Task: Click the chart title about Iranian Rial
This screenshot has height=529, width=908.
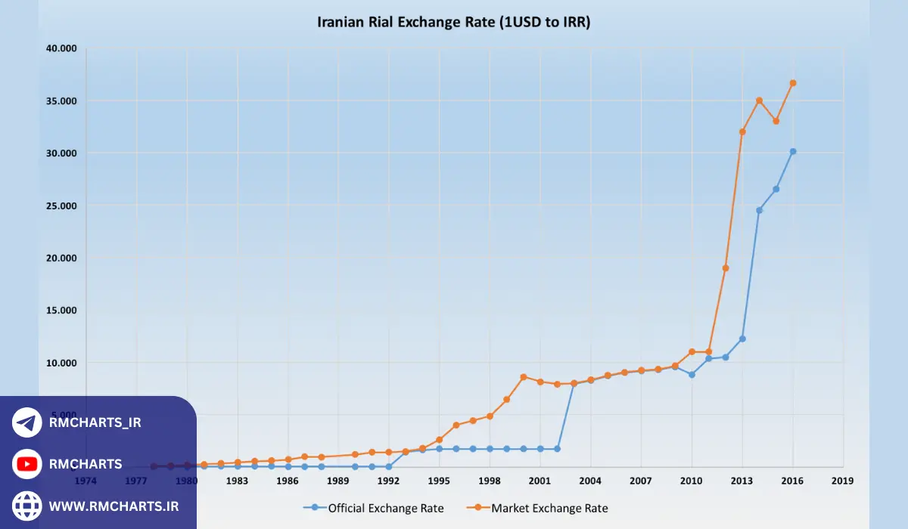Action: (x=453, y=22)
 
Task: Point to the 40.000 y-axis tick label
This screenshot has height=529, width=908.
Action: (x=61, y=48)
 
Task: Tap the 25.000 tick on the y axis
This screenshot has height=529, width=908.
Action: (x=61, y=206)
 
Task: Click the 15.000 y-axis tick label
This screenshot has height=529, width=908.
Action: (x=61, y=311)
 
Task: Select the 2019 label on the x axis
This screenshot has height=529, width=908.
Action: (x=842, y=481)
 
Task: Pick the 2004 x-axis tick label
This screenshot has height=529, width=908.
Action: (x=590, y=481)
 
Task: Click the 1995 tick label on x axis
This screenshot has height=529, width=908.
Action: (x=439, y=481)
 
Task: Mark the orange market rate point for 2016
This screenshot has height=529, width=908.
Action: (x=792, y=83)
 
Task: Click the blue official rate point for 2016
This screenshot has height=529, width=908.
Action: (x=792, y=151)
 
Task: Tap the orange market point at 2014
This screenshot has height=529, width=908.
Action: (x=759, y=101)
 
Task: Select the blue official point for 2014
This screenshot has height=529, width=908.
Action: (x=759, y=210)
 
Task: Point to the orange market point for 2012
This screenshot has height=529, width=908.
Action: (x=725, y=268)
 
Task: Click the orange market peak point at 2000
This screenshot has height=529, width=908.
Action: (x=523, y=377)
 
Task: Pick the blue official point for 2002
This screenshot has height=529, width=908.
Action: (x=557, y=449)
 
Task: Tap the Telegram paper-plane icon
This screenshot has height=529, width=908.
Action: (x=27, y=422)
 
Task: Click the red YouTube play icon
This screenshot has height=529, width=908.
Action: (x=27, y=464)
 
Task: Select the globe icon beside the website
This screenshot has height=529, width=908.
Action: (x=27, y=506)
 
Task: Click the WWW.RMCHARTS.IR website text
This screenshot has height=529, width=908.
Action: (x=114, y=506)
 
